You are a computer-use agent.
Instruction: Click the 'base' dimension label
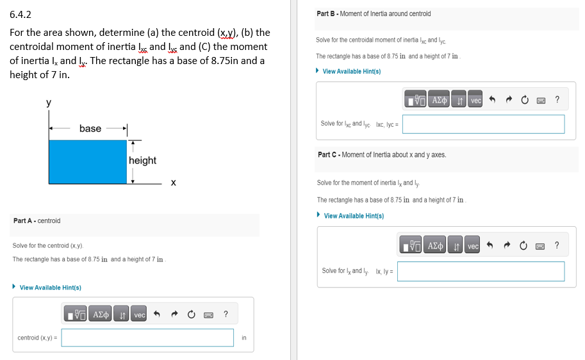90,129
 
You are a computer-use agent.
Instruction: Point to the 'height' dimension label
142,160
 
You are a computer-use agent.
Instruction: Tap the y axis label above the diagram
49,102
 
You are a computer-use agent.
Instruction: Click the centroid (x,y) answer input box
148,338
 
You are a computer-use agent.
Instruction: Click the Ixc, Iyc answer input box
483,124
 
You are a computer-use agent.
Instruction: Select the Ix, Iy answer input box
481,271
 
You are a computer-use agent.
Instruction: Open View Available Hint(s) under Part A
50,288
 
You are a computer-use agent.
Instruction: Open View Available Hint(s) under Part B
351,71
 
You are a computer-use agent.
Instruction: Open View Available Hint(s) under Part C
354,216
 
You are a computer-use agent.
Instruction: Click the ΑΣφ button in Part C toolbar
436,246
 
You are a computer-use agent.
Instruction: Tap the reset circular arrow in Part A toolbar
191,315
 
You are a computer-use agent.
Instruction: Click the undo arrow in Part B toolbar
493,100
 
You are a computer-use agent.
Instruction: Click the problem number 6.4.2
21,13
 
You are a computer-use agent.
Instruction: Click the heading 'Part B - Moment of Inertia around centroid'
374,13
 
